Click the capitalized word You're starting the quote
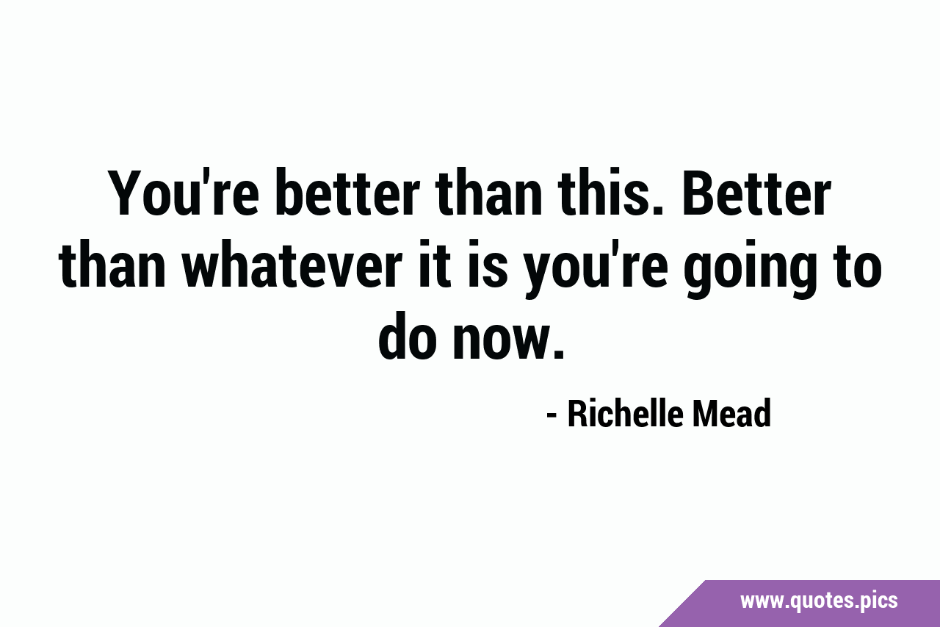(x=183, y=193)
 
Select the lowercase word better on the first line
(x=348, y=193)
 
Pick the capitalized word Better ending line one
(x=757, y=193)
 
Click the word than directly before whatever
(x=112, y=264)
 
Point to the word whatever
(x=292, y=264)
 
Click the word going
(x=752, y=269)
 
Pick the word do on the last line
(x=405, y=335)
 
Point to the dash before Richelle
(x=552, y=416)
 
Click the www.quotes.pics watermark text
(x=819, y=601)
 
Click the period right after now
(x=559, y=355)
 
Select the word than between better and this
(x=490, y=193)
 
